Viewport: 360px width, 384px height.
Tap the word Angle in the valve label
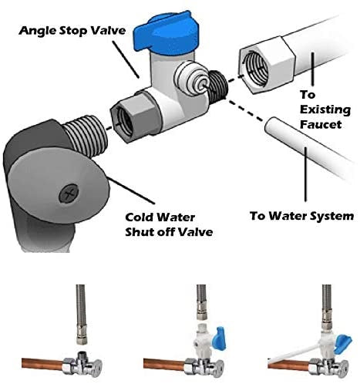(36, 31)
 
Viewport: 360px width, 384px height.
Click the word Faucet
(321, 124)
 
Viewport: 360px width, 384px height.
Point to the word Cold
(140, 217)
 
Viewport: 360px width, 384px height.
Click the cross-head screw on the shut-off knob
(69, 194)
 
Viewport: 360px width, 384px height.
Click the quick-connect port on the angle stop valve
(191, 80)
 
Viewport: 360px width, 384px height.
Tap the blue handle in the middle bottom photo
(221, 339)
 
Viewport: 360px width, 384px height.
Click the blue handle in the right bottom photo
(344, 342)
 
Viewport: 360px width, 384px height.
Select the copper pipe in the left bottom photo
(42, 363)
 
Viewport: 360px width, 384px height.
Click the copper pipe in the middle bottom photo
(164, 364)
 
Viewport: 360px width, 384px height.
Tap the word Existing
(325, 109)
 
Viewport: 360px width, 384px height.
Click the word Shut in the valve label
(139, 232)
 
